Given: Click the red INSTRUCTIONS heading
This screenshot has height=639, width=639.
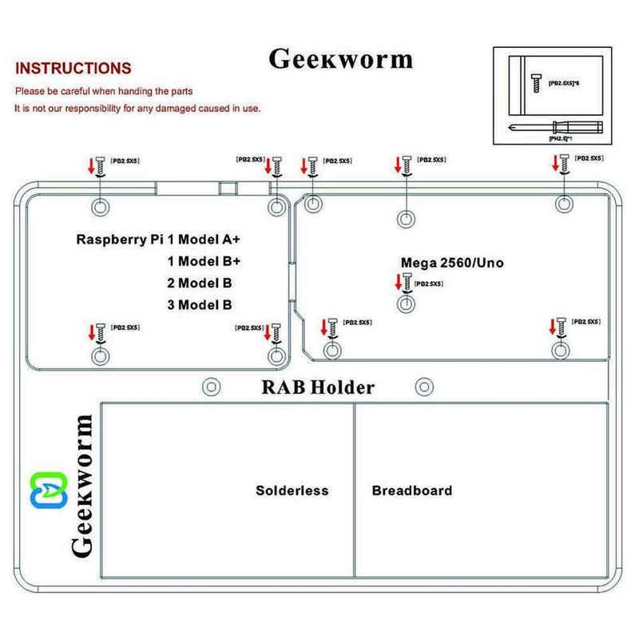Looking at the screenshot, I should coord(73,69).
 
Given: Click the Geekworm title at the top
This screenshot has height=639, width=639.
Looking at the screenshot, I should coord(341,60).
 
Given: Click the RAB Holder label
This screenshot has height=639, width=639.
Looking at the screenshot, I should coord(317,388).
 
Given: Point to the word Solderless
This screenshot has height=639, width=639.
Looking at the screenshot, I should coord(292,490).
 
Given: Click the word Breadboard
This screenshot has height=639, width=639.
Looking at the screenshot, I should coord(411,490).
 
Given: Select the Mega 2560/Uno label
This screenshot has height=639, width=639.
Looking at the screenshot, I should coord(451,262).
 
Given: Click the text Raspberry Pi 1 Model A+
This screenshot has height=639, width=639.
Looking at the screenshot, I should coord(158,239).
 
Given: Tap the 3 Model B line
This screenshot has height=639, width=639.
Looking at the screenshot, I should coord(200,304).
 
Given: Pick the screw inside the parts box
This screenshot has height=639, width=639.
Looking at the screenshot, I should coord(534,81).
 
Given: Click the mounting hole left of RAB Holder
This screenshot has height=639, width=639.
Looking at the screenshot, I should coord(210,387).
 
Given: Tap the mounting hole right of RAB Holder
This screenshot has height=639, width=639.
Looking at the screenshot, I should coord(424,387).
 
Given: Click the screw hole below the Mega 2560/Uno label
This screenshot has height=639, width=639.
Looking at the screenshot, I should coord(406,304).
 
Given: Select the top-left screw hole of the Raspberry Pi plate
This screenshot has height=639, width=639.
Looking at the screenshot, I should coord(100,206).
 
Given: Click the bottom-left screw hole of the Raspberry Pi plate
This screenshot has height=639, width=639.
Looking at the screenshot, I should coord(100,355).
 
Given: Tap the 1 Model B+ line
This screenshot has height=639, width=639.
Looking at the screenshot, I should coord(204,260).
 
